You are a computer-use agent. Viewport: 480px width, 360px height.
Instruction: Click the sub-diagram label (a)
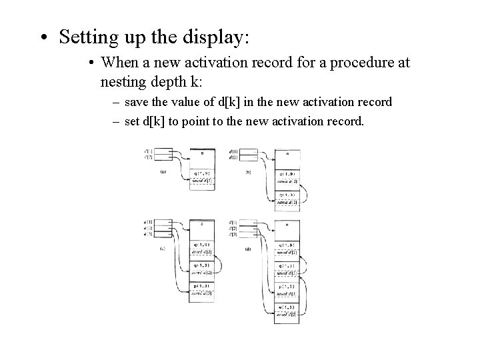(x=163, y=171)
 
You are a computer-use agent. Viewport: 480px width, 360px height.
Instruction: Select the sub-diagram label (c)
(x=163, y=250)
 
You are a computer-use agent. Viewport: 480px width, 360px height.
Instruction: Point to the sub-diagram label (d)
(x=248, y=250)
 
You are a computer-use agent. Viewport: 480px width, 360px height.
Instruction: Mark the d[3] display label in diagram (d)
(x=232, y=234)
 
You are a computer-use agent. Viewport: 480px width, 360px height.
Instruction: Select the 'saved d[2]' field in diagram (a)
(x=201, y=181)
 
